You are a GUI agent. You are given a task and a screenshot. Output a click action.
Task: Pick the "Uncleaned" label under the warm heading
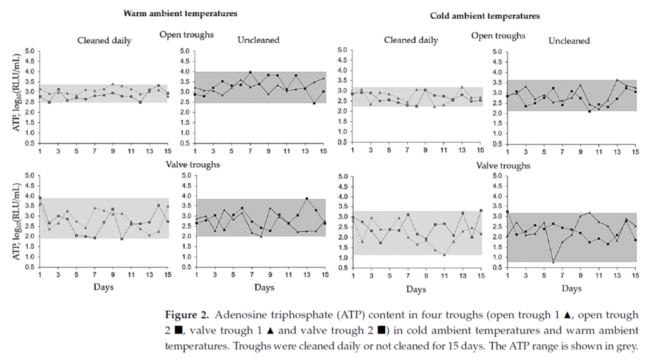click(x=258, y=40)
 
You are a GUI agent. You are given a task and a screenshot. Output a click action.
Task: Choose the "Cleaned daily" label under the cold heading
click(x=410, y=40)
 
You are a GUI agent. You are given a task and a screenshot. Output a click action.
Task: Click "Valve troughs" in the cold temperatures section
click(x=503, y=166)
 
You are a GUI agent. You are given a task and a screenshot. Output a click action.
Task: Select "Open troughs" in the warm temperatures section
click(x=186, y=34)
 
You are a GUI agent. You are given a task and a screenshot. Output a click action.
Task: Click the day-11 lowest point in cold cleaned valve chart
click(x=444, y=254)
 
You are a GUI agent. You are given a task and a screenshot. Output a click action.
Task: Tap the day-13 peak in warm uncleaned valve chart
click(x=306, y=199)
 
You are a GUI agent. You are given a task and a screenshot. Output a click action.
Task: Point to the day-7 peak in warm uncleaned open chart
click(x=251, y=73)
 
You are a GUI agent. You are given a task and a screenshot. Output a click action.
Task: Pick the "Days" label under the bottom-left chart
click(x=104, y=287)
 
